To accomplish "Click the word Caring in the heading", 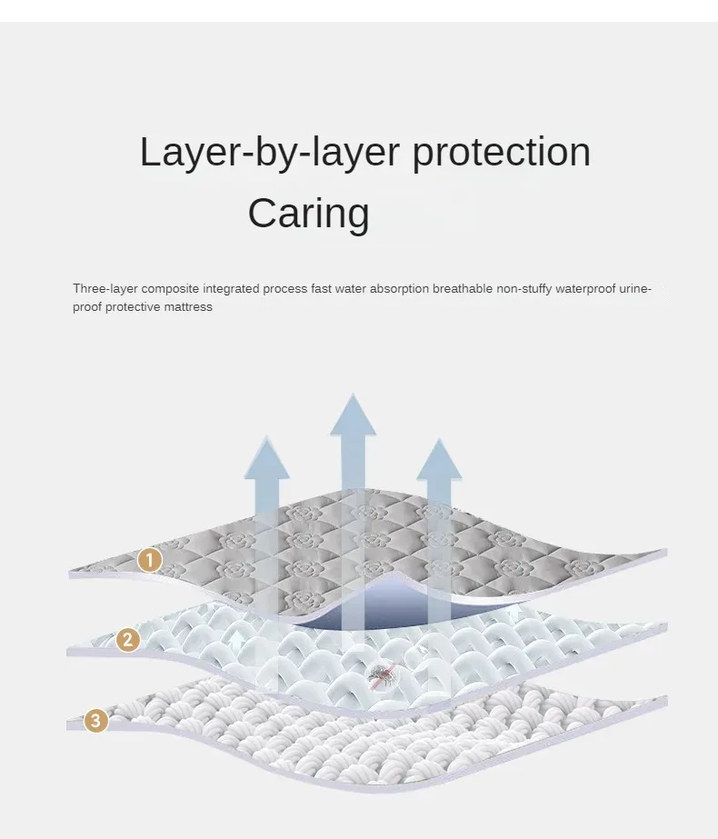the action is coord(308,214).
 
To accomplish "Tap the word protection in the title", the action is coord(501,152).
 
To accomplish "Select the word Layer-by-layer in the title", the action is coord(271,152).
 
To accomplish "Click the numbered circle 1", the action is coord(150,560).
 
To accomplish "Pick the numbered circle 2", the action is coord(128,640).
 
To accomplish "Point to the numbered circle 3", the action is coord(96,722).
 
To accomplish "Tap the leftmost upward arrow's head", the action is coord(266,459).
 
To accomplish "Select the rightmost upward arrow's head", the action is coord(439,461).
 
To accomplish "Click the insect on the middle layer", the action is coord(379,674).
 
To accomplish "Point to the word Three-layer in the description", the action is coord(105,289).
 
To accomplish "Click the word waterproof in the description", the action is coord(584,289).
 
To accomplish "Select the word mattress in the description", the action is coord(189,307).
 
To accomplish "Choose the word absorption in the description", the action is coord(397,289).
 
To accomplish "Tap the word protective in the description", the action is coord(135,307).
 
